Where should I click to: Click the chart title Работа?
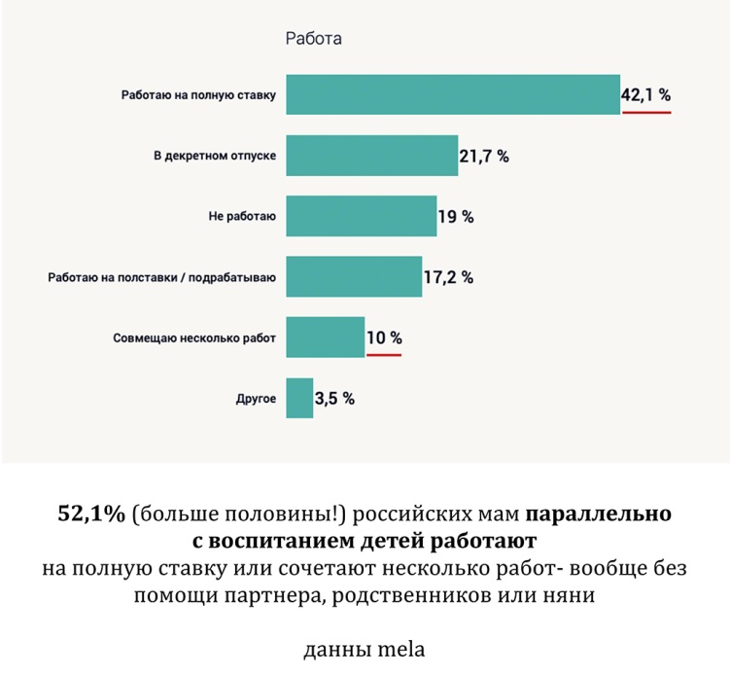tap(313, 39)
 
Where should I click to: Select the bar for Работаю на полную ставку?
tap(452, 94)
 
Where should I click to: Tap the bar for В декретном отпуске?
tap(371, 156)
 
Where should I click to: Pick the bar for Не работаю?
tap(361, 216)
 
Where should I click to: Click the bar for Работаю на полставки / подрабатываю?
tap(354, 277)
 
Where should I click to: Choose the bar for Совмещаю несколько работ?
tap(325, 337)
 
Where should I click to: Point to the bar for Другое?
tap(299, 398)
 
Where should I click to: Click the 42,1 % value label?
tap(645, 95)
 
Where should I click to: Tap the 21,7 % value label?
tap(484, 157)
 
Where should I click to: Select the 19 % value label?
tap(456, 217)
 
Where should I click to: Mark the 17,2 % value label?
tap(448, 277)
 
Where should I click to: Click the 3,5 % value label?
tap(334, 398)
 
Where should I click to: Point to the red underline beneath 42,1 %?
tap(646, 112)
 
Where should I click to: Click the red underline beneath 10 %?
tap(384, 355)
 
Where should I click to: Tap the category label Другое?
tap(256, 399)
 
